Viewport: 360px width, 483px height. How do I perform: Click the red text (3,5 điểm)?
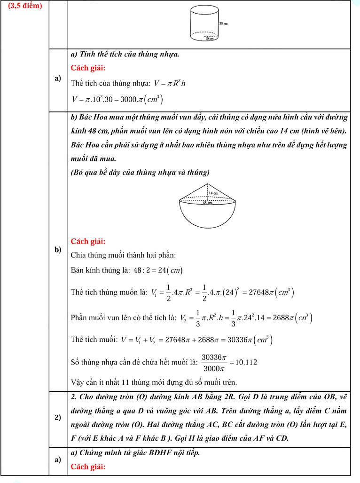[25, 6]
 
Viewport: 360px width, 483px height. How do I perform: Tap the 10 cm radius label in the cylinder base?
[210, 39]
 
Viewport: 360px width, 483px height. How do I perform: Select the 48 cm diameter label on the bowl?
[207, 203]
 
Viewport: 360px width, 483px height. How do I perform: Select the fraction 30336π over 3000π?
[214, 363]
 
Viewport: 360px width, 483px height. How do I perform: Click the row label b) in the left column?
[58, 249]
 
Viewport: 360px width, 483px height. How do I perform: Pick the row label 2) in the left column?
[58, 418]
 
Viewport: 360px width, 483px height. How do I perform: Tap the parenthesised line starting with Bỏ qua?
[140, 172]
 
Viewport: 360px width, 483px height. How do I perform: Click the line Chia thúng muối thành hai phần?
[123, 255]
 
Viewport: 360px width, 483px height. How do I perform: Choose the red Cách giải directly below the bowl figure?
[88, 241]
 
